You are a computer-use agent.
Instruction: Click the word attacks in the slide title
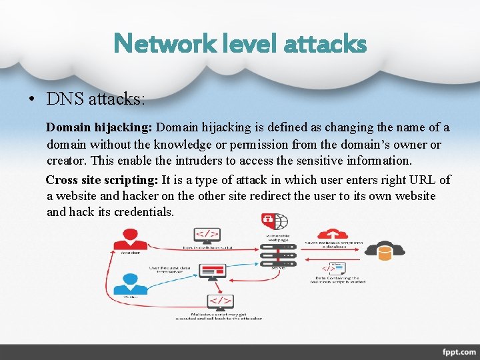click(x=325, y=44)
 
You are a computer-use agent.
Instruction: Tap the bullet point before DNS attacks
click(x=31, y=101)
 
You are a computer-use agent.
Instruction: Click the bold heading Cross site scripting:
click(x=101, y=180)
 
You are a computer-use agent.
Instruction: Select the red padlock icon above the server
click(x=268, y=219)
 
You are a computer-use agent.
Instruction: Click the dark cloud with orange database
click(x=385, y=250)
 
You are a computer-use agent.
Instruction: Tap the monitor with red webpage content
click(x=211, y=270)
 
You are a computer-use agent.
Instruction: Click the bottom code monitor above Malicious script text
click(x=220, y=301)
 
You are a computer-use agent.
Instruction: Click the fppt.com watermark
click(x=459, y=351)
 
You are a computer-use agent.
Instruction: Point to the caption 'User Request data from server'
click(x=171, y=269)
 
